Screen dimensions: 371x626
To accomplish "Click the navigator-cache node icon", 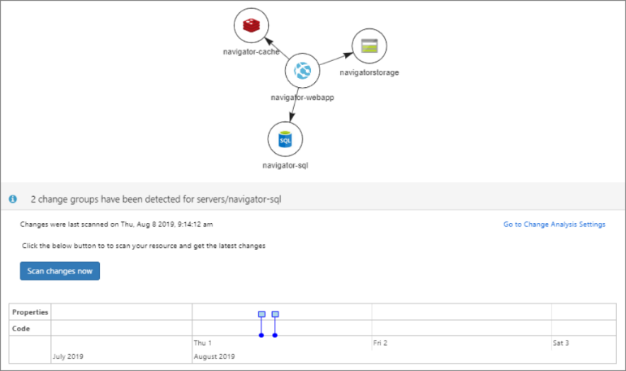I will (x=251, y=26).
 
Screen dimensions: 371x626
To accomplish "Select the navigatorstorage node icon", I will (x=369, y=46).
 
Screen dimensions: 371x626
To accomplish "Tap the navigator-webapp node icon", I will (x=302, y=72).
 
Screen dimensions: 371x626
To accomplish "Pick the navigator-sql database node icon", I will (x=285, y=140).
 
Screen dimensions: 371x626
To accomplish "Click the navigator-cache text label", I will (x=252, y=52).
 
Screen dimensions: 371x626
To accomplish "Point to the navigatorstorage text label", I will (x=369, y=72).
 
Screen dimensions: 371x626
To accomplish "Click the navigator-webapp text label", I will (x=303, y=98).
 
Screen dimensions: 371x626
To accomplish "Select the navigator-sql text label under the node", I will (x=285, y=165).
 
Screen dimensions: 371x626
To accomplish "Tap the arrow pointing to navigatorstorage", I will (x=335, y=59).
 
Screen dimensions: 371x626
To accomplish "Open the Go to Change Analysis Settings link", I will (x=554, y=225).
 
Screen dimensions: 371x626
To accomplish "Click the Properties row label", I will (x=30, y=312).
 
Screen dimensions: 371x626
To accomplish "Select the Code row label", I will (x=22, y=328).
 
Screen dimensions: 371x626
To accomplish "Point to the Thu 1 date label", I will (x=202, y=343).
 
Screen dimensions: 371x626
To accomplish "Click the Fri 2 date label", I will (x=380, y=343).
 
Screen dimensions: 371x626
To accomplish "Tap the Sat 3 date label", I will (x=561, y=343).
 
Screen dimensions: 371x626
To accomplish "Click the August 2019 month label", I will (x=214, y=356).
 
